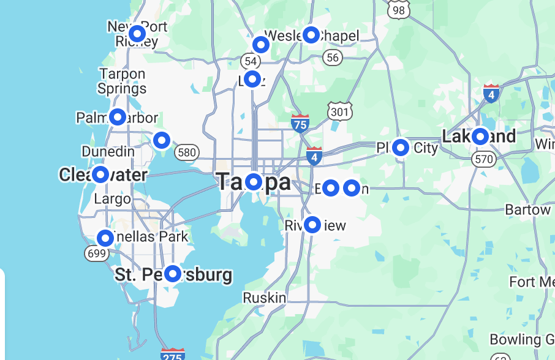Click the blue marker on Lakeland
coord(480,136)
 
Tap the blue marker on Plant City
coord(401,148)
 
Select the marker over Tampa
coord(254,181)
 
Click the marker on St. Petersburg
coord(173,273)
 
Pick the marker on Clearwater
coord(100,174)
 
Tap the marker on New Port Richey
coord(137,33)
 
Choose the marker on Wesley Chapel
coord(311,35)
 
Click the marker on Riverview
coord(312,225)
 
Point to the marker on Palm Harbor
coord(117,116)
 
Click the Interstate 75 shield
coord(300,123)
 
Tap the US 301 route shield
coord(340,111)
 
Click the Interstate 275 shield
coord(173,354)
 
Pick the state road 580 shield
coord(187,152)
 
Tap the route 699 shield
coord(97,253)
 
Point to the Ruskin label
coord(265,298)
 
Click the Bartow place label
coord(527,210)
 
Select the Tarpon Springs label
coord(122,81)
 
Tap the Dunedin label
coord(108,151)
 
